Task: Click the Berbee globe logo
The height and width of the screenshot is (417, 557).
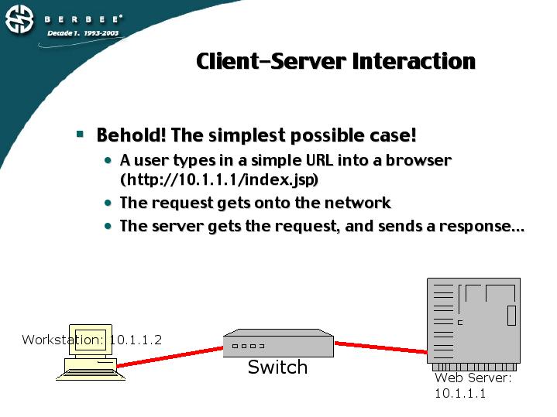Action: [20, 19]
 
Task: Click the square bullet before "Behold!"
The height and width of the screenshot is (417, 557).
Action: [79, 134]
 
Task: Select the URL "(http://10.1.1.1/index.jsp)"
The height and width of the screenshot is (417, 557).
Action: [219, 179]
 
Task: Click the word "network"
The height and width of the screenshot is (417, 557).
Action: [353, 203]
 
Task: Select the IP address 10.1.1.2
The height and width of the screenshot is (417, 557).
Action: [136, 340]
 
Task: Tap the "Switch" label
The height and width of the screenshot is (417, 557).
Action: [277, 367]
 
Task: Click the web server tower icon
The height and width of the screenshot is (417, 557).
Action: [473, 321]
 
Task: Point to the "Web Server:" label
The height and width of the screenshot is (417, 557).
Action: [473, 378]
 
